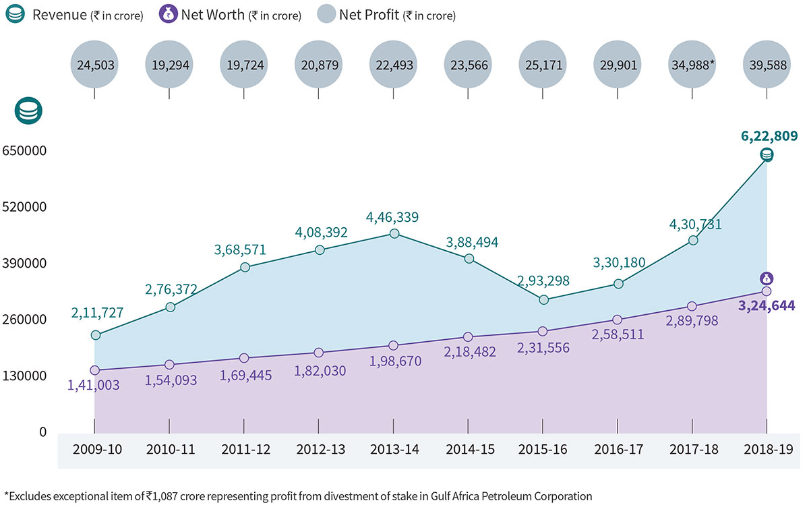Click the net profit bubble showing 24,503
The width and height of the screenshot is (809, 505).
point(94,65)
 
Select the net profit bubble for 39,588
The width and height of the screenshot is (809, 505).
point(767,65)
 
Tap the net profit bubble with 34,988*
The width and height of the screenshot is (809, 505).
point(692,65)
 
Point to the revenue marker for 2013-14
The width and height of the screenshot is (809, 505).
point(394,233)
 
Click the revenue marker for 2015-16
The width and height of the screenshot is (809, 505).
point(544,299)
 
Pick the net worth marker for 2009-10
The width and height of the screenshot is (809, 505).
point(95,370)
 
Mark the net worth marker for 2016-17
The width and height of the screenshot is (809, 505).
point(618,320)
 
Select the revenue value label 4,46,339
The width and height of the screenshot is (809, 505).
point(392,217)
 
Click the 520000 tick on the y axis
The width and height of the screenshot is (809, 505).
point(24,206)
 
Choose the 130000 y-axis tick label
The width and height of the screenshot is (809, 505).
point(24,376)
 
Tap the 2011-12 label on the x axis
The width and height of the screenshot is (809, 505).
point(245,449)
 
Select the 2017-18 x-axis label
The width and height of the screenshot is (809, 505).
point(693,449)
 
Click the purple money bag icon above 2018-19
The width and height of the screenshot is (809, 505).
point(767,278)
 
